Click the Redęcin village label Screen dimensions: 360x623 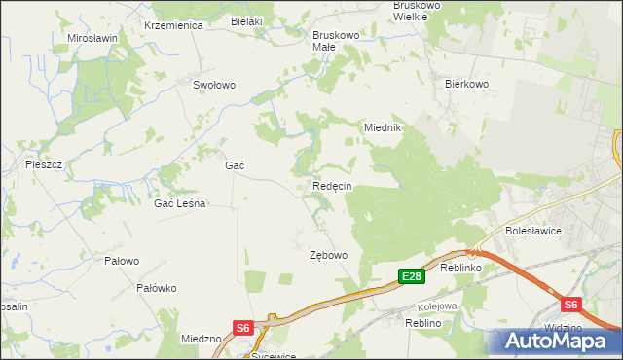[332, 186]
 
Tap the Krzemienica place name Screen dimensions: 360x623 [172, 25]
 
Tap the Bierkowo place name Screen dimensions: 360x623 [465, 85]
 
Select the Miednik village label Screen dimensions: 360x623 [383, 127]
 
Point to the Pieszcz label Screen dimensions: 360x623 [44, 164]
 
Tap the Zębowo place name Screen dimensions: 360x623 [328, 255]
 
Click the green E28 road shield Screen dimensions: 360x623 [412, 277]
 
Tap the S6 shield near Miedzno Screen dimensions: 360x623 [242, 329]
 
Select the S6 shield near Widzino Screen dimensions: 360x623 [570, 305]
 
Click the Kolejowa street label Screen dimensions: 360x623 [439, 306]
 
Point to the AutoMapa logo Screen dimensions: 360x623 [558, 342]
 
